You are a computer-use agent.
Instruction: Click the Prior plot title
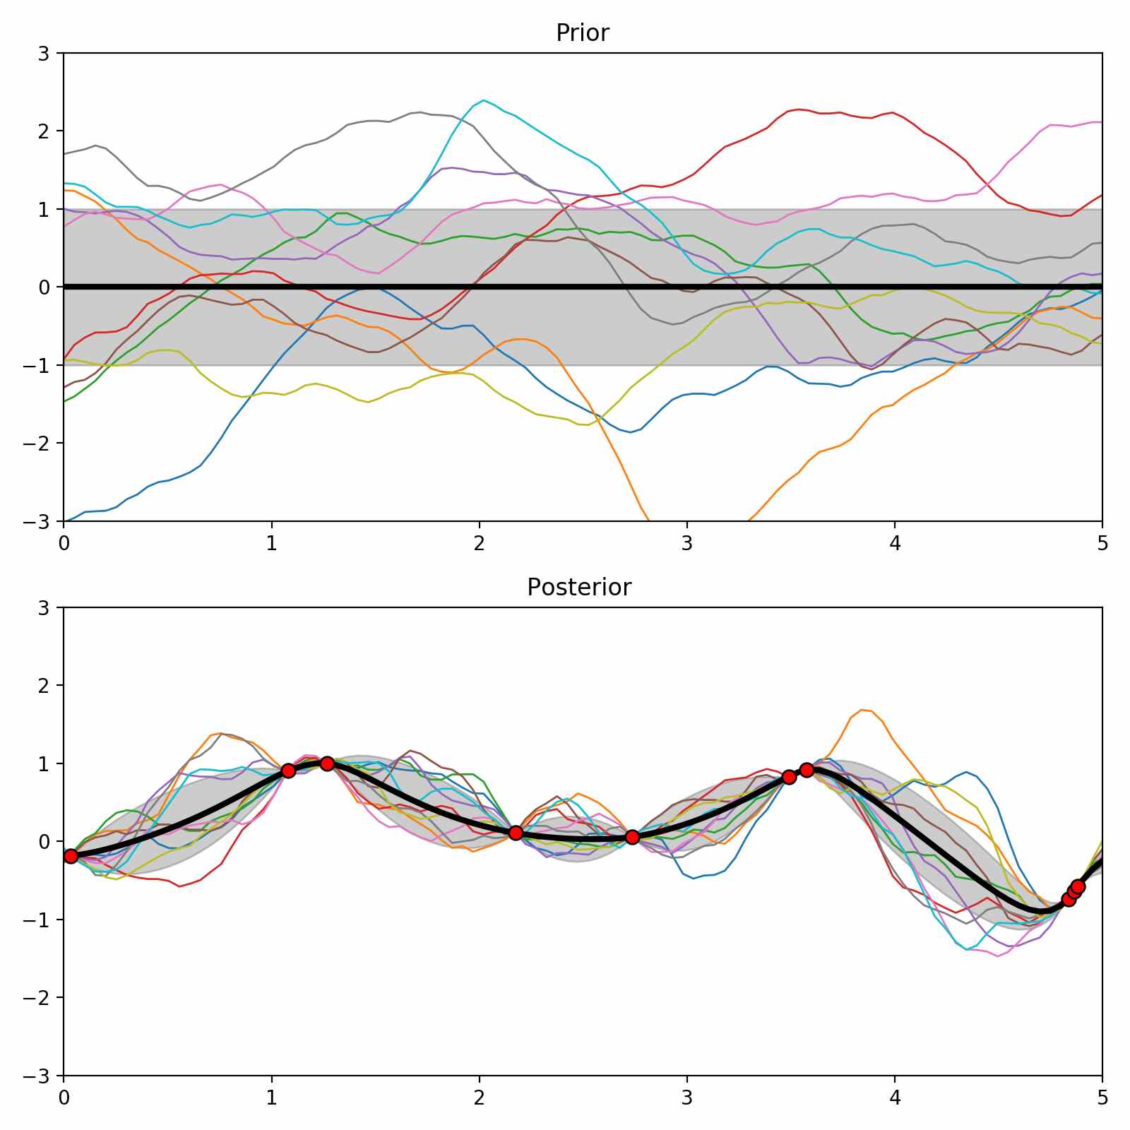pos(582,33)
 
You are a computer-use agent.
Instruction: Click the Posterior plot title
pos(579,588)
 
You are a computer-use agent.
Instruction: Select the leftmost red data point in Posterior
pos(70,856)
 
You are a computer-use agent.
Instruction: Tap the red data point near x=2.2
pos(516,833)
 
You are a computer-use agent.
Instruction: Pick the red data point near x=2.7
pos(632,837)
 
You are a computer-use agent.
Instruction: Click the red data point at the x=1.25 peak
pos(327,763)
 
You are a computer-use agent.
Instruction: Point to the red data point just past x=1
pos(287,771)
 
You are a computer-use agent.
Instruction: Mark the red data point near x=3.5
pos(789,777)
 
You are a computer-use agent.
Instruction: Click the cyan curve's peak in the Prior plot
pos(483,100)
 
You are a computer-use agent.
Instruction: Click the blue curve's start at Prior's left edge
pos(66,521)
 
